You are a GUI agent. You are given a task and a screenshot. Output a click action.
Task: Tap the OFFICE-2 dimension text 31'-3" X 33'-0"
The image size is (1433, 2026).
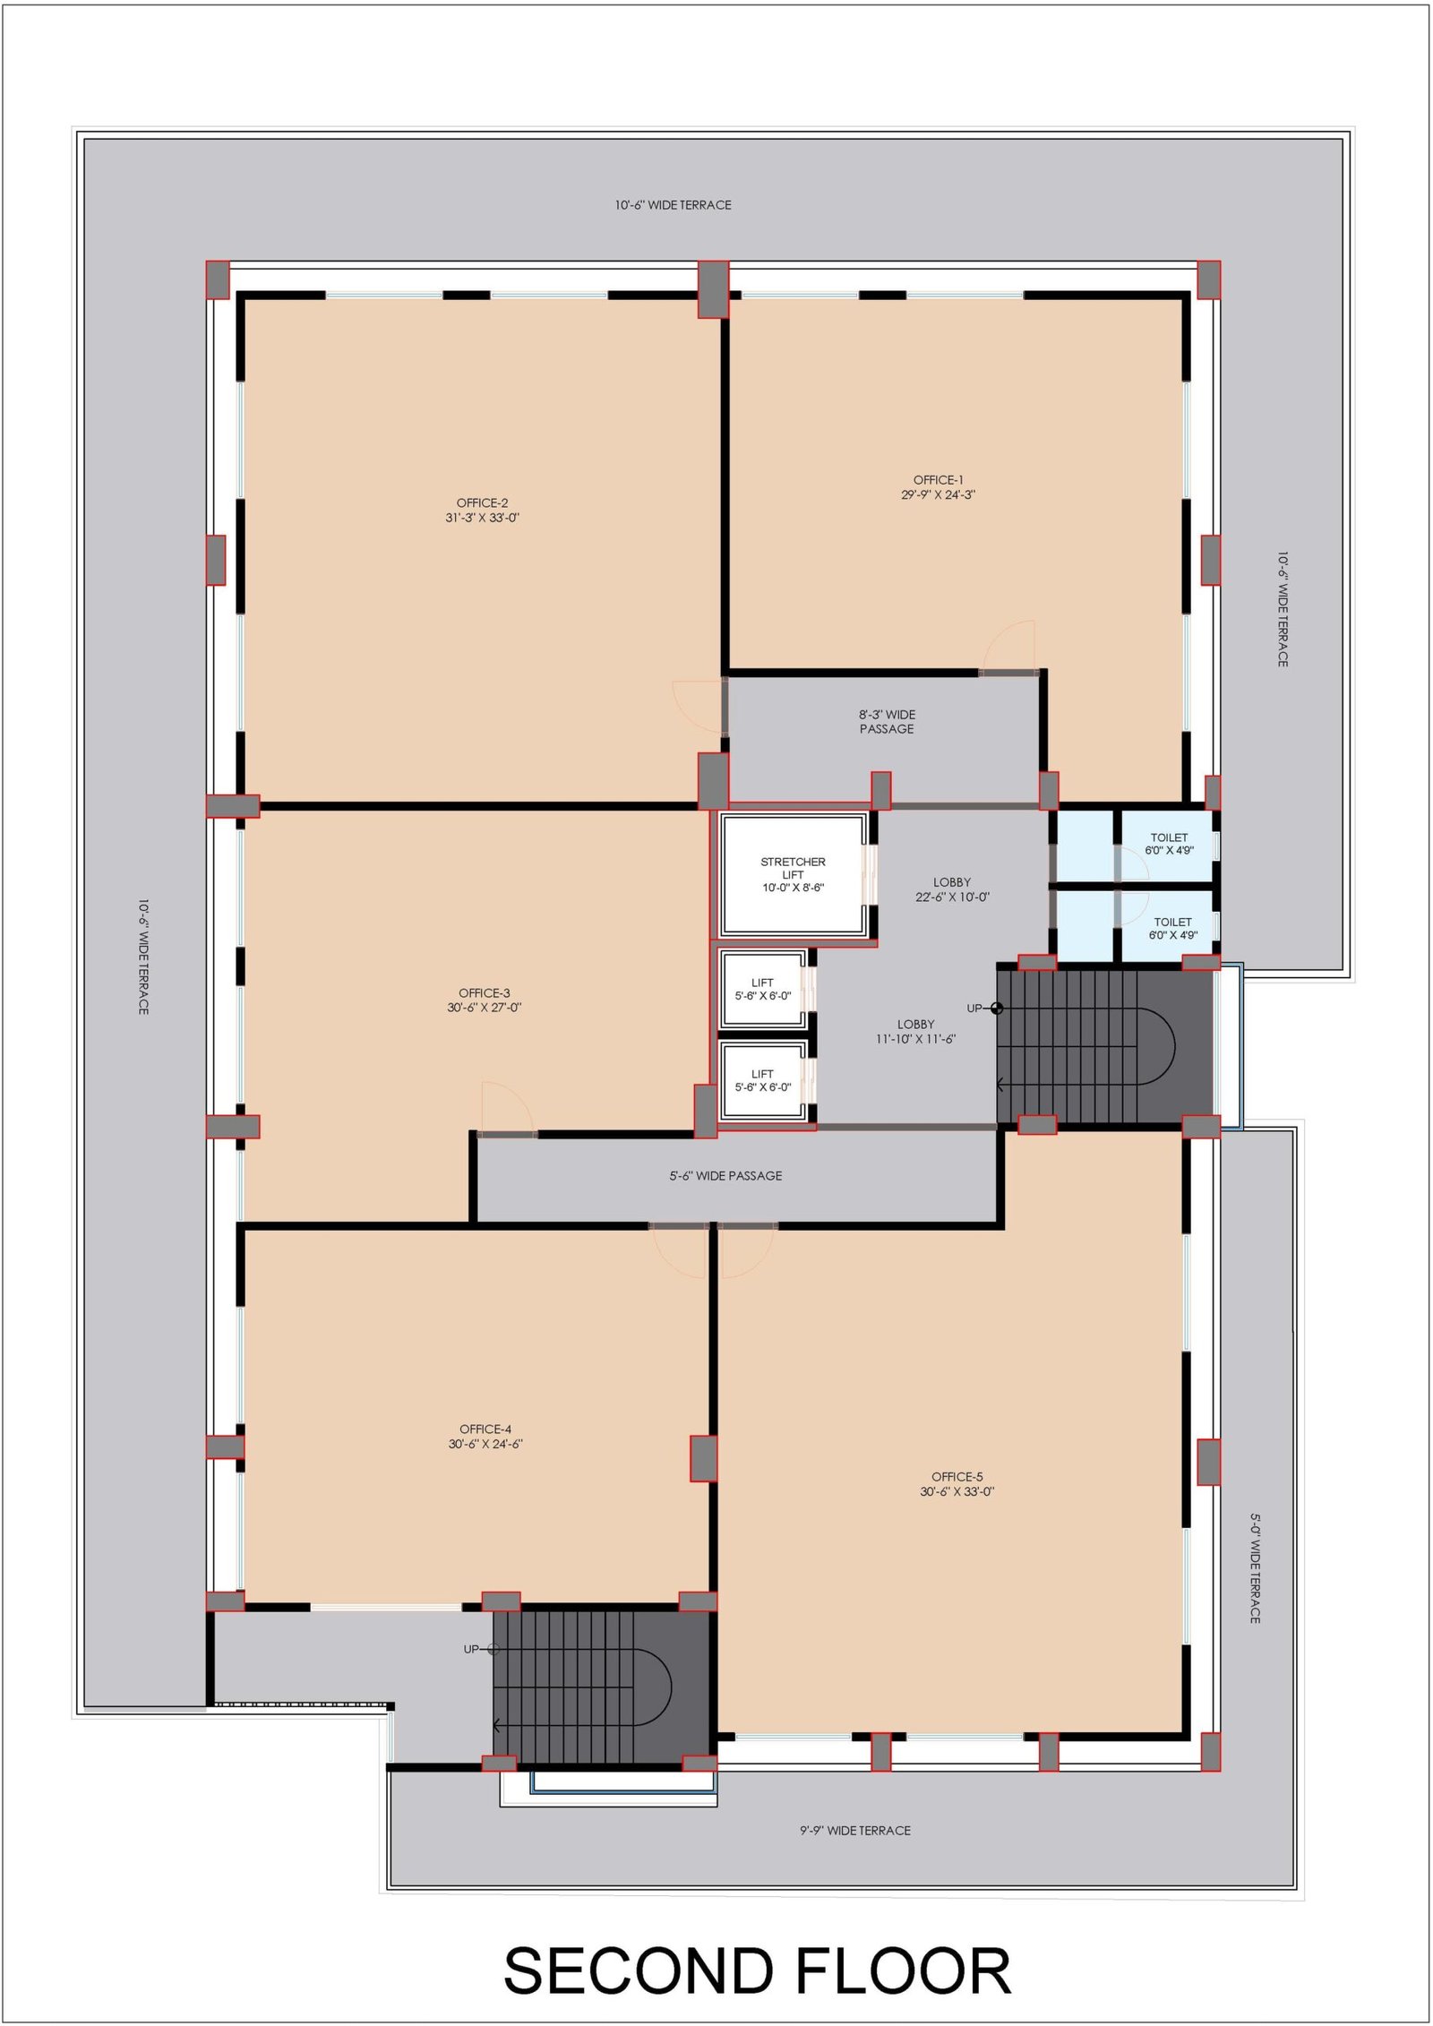483,518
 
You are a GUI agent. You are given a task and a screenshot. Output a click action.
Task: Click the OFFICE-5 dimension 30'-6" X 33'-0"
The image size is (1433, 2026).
957,1492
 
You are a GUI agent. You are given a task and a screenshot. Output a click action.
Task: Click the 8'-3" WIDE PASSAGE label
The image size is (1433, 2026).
887,722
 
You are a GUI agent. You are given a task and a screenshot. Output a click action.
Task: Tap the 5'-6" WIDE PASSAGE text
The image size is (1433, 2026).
725,1176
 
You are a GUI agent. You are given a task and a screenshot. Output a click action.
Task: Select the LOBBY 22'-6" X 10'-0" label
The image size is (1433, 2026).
952,889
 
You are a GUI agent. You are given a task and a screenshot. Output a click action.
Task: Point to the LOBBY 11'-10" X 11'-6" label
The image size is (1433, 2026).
916,1032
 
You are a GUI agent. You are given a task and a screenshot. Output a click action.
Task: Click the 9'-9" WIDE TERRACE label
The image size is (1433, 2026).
855,1831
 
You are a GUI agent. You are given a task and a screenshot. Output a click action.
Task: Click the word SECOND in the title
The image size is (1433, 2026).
639,1970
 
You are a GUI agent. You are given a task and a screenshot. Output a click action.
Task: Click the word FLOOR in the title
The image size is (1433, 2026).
903,1970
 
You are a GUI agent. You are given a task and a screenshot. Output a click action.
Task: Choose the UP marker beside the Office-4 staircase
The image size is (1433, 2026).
481,1649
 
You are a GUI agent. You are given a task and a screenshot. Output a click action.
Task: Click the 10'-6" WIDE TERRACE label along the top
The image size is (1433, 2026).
673,205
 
